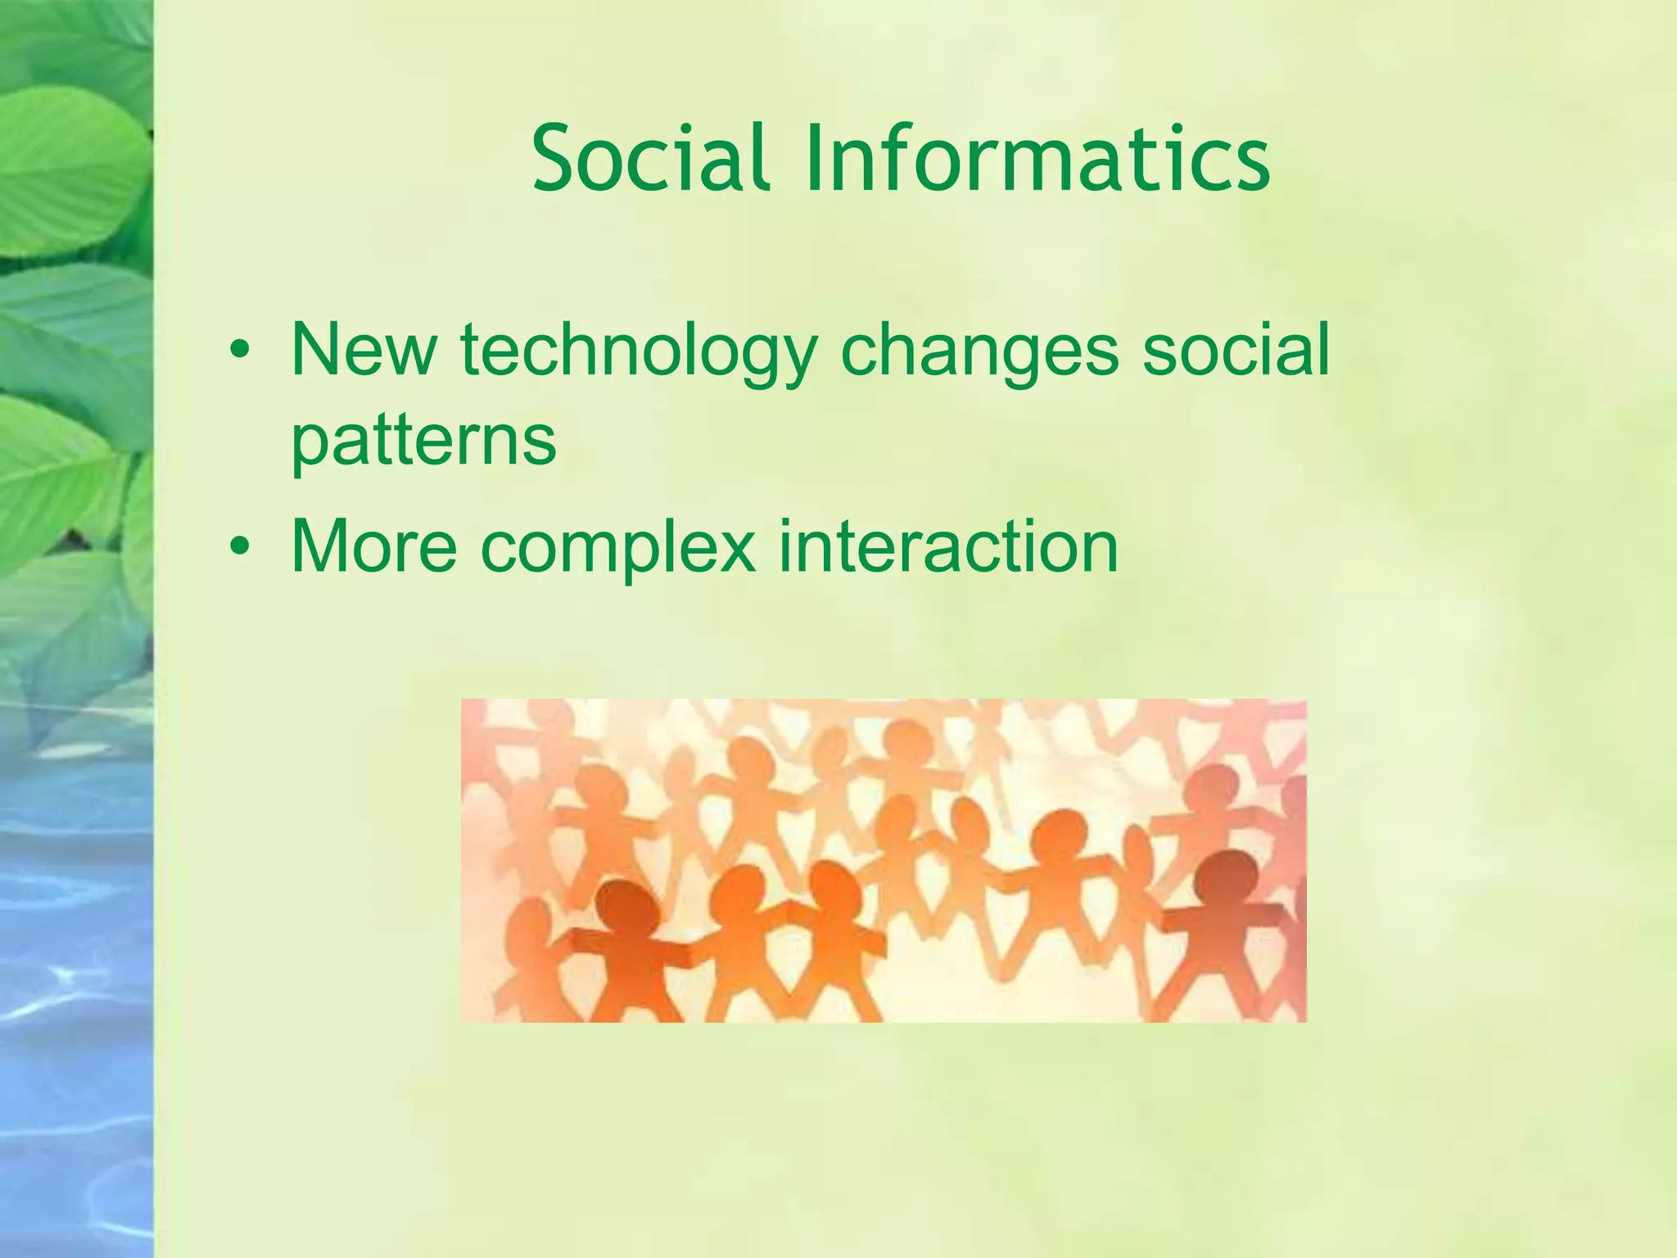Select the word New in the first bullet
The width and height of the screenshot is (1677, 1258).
363,351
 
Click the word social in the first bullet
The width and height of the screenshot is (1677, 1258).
1236,351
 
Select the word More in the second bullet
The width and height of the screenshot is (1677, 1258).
373,546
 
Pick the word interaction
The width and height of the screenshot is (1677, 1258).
948,546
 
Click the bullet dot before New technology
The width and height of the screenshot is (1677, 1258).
238,351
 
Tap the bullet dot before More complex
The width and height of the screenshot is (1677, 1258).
238,546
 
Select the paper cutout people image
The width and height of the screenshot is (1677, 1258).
883,860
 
